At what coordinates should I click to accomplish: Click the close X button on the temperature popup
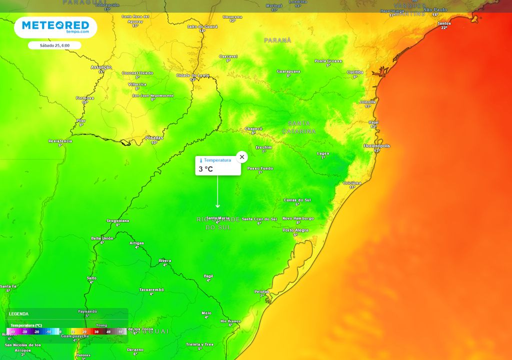click(242, 157)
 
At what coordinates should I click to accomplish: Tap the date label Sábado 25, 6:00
click(54, 45)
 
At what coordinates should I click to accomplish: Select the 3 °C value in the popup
click(205, 169)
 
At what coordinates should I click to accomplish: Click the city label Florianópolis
click(376, 146)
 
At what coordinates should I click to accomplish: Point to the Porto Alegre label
click(295, 230)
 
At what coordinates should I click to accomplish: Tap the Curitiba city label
click(355, 72)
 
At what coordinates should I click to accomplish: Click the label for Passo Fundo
click(260, 168)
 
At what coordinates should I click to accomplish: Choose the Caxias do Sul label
click(297, 200)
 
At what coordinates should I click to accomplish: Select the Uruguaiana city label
click(118, 220)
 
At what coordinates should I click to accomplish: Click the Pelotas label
click(261, 291)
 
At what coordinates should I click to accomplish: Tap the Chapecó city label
click(253, 129)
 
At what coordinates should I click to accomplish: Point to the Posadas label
click(154, 137)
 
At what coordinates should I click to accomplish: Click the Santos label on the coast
click(443, 23)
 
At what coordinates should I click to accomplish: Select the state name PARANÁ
click(277, 40)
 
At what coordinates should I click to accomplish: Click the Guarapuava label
click(288, 71)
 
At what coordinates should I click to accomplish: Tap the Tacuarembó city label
click(151, 290)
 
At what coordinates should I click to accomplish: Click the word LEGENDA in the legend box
click(19, 314)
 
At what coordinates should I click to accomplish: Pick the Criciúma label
click(352, 183)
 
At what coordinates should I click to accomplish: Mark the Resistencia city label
click(60, 141)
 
